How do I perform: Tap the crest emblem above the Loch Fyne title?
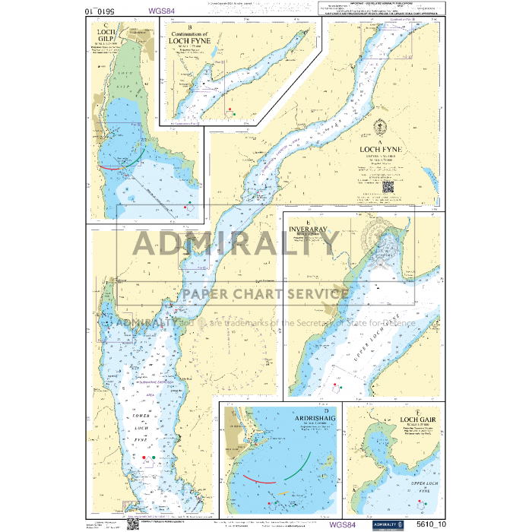pyautogui.click(x=385, y=128)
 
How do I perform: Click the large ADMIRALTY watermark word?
pyautogui.click(x=236, y=245)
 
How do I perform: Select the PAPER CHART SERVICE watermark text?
pyautogui.click(x=264, y=294)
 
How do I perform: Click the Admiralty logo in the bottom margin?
pyautogui.click(x=388, y=524)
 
